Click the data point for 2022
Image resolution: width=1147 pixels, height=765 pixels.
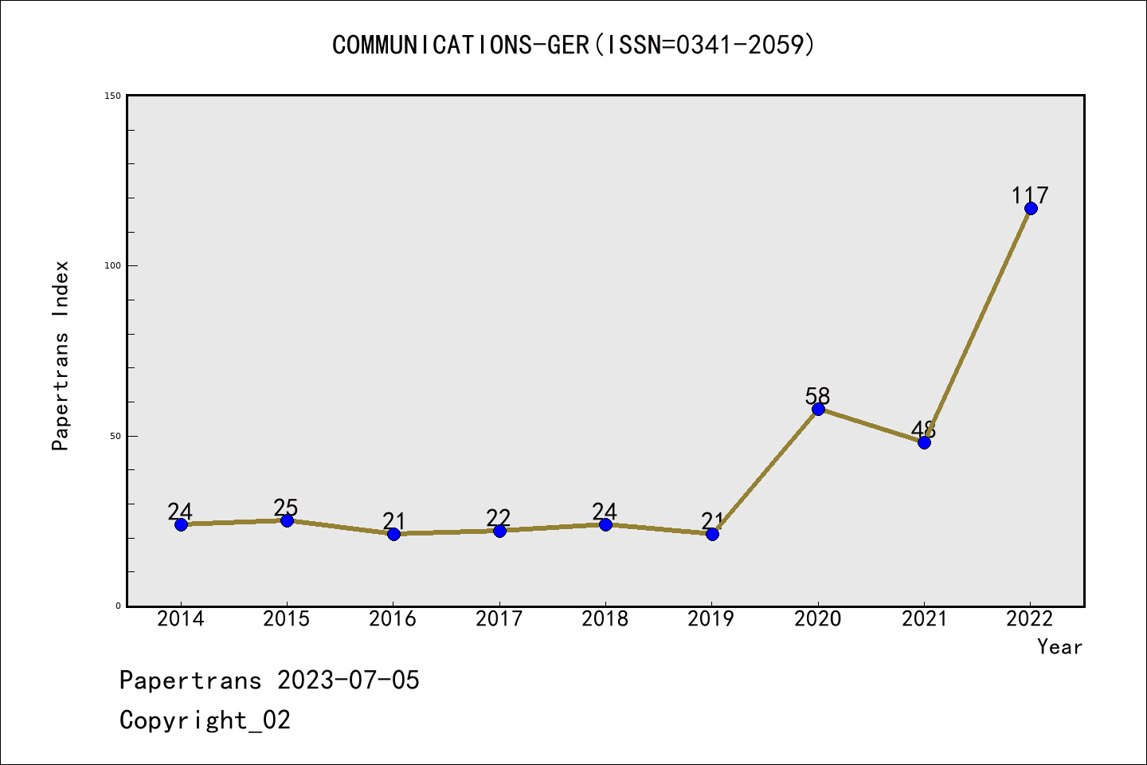point(1031,209)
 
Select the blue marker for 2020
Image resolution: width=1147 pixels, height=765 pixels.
point(818,409)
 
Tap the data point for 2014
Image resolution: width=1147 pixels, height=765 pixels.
point(181,524)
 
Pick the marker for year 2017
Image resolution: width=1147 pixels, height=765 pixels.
point(499,531)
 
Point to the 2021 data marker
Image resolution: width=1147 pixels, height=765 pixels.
point(924,442)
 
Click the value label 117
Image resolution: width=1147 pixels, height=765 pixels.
point(1030,195)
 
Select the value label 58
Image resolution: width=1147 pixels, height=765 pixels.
point(817,395)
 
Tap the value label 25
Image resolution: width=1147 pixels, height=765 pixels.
point(286,508)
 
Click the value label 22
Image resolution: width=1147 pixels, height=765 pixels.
point(499,518)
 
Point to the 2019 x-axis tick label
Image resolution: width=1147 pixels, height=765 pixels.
point(711,619)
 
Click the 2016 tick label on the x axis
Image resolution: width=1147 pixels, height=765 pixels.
point(393,619)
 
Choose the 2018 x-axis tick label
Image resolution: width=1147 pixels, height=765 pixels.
point(605,619)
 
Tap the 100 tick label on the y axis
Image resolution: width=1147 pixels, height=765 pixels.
point(112,265)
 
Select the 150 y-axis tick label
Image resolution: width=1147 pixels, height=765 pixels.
point(112,96)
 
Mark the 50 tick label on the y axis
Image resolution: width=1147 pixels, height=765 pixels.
point(115,436)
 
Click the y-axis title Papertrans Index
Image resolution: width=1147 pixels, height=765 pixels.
point(61,355)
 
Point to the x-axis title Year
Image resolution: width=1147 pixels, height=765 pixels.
point(1059,647)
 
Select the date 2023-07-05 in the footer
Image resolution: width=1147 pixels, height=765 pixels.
point(348,681)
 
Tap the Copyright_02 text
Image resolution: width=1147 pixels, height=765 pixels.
point(205,720)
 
